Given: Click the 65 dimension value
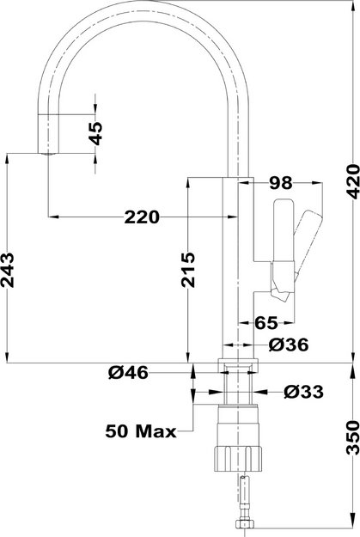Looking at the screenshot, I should tap(266, 323).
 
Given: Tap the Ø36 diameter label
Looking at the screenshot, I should tap(288, 345).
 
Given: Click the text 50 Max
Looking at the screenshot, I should tap(141, 430).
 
